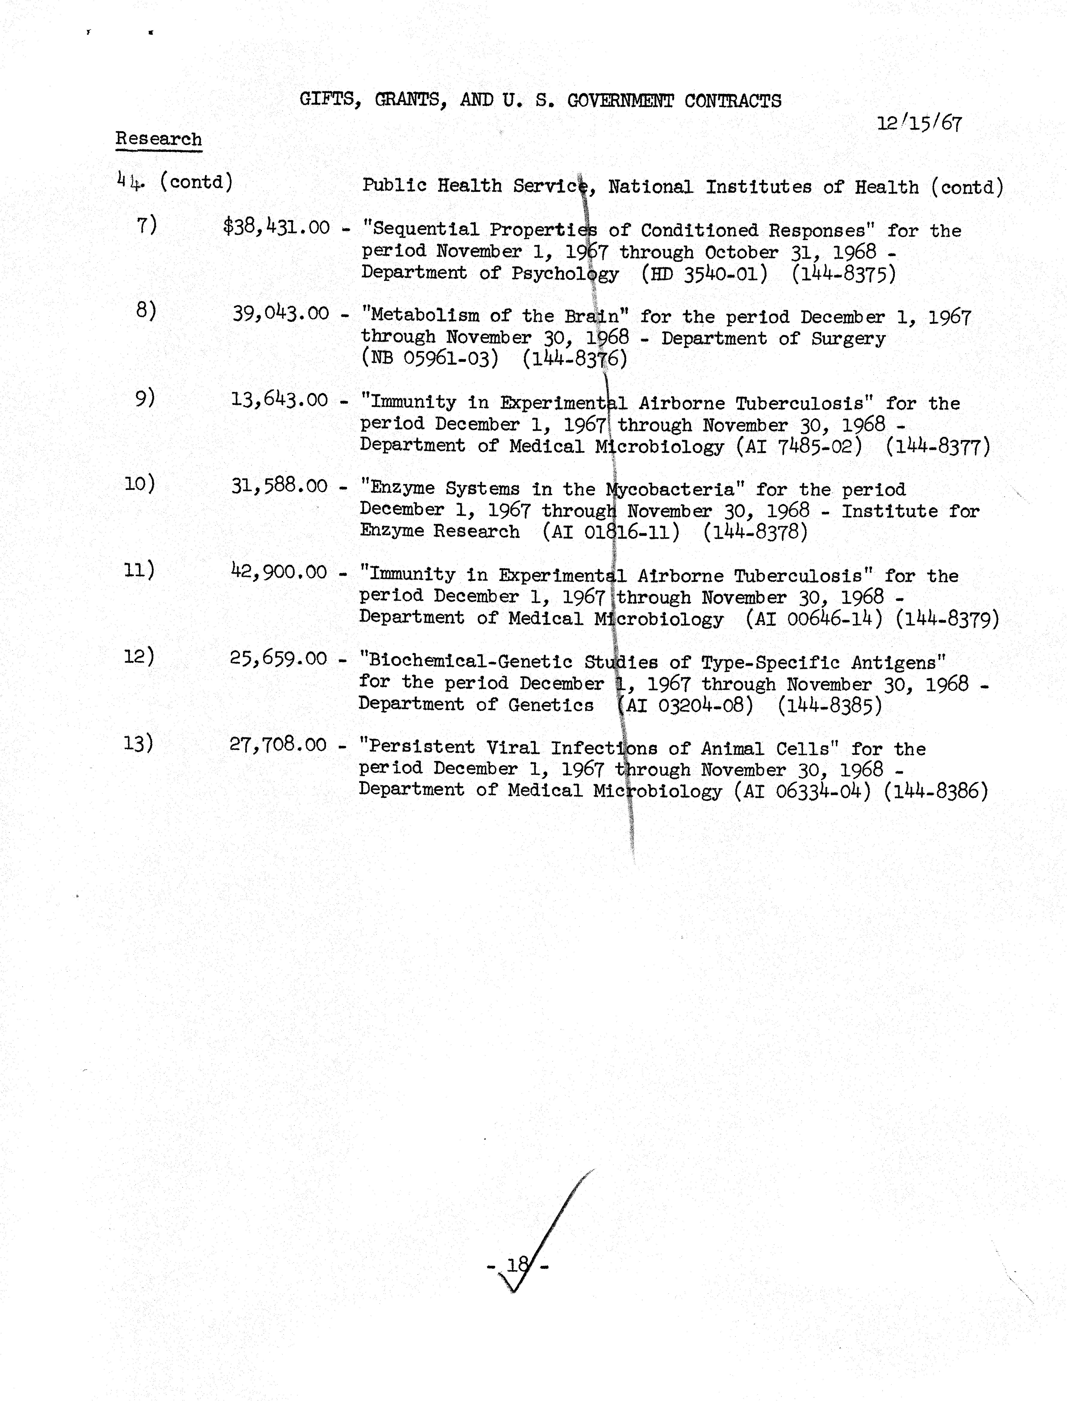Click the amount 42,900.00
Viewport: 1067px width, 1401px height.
(x=279, y=572)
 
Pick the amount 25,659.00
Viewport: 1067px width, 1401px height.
(x=278, y=658)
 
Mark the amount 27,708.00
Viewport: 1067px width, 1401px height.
(x=278, y=744)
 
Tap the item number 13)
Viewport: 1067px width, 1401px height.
(x=139, y=743)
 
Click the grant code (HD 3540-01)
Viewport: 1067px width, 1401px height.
(x=704, y=274)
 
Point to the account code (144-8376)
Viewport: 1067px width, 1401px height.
(x=575, y=359)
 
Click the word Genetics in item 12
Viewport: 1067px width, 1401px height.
(x=551, y=705)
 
